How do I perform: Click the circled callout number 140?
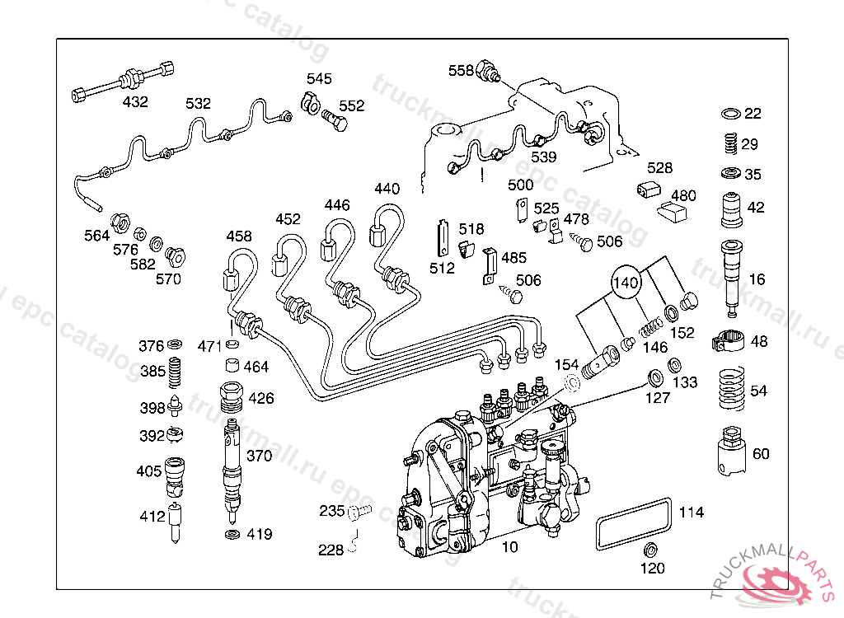626,282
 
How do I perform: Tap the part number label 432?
135,101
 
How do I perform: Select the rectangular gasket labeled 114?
634,524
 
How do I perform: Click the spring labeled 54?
732,389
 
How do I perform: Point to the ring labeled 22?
731,114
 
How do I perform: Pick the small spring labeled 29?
730,143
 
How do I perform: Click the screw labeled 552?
335,120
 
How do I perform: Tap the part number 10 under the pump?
509,547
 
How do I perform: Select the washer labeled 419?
232,535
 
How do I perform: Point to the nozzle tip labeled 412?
175,522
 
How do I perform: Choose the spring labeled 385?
175,372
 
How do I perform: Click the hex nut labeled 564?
120,222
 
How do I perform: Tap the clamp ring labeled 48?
728,340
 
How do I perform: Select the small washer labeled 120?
650,550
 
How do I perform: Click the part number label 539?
544,157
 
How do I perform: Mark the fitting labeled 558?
488,72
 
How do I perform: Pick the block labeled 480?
673,212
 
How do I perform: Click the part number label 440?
387,189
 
